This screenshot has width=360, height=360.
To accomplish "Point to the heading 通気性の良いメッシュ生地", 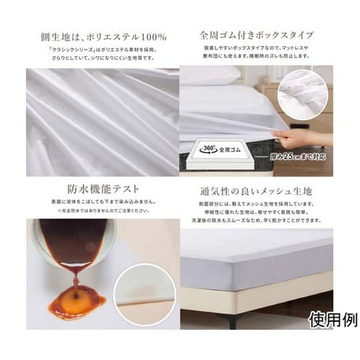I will (258, 193).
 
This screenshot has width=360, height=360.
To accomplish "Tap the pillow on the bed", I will (209, 75).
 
